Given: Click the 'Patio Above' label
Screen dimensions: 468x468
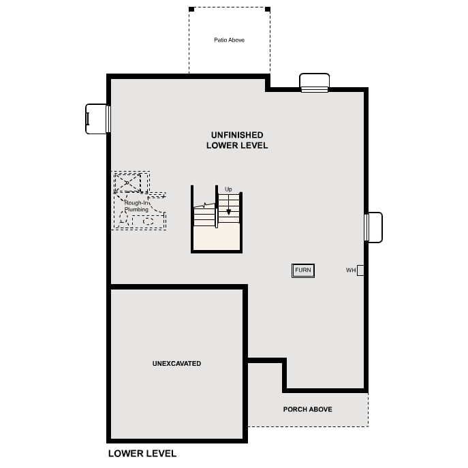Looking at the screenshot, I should tap(229, 40).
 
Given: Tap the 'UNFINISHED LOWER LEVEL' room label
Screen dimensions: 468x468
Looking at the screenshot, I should tap(237, 140).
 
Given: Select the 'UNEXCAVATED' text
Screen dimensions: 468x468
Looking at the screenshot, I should tap(176, 364).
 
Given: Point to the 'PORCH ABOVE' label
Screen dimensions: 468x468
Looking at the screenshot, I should tap(307, 409).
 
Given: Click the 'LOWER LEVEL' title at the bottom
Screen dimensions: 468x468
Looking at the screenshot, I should tap(142, 454).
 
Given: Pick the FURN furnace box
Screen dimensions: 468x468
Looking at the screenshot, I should tap(303, 270).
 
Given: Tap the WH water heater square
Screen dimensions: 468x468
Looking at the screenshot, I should tap(360, 270).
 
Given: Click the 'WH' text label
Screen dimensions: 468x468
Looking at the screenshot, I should tap(351, 270).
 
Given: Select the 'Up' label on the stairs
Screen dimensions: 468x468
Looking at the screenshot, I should tap(228, 189).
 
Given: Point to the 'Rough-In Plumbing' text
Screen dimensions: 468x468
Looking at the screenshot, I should tap(136, 206).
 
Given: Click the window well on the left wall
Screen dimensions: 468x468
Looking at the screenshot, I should tap(97, 119).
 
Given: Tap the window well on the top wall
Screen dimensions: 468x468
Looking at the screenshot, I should tap(315, 82).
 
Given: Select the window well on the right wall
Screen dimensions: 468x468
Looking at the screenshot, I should tap(374, 228).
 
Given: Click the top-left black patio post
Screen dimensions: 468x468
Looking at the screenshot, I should tap(191, 10).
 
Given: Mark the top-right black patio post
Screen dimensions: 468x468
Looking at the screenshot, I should tap(268, 10).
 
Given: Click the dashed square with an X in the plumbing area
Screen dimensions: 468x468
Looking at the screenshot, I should tap(127, 183).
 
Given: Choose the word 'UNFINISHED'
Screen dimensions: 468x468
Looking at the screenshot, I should tap(237, 135).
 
